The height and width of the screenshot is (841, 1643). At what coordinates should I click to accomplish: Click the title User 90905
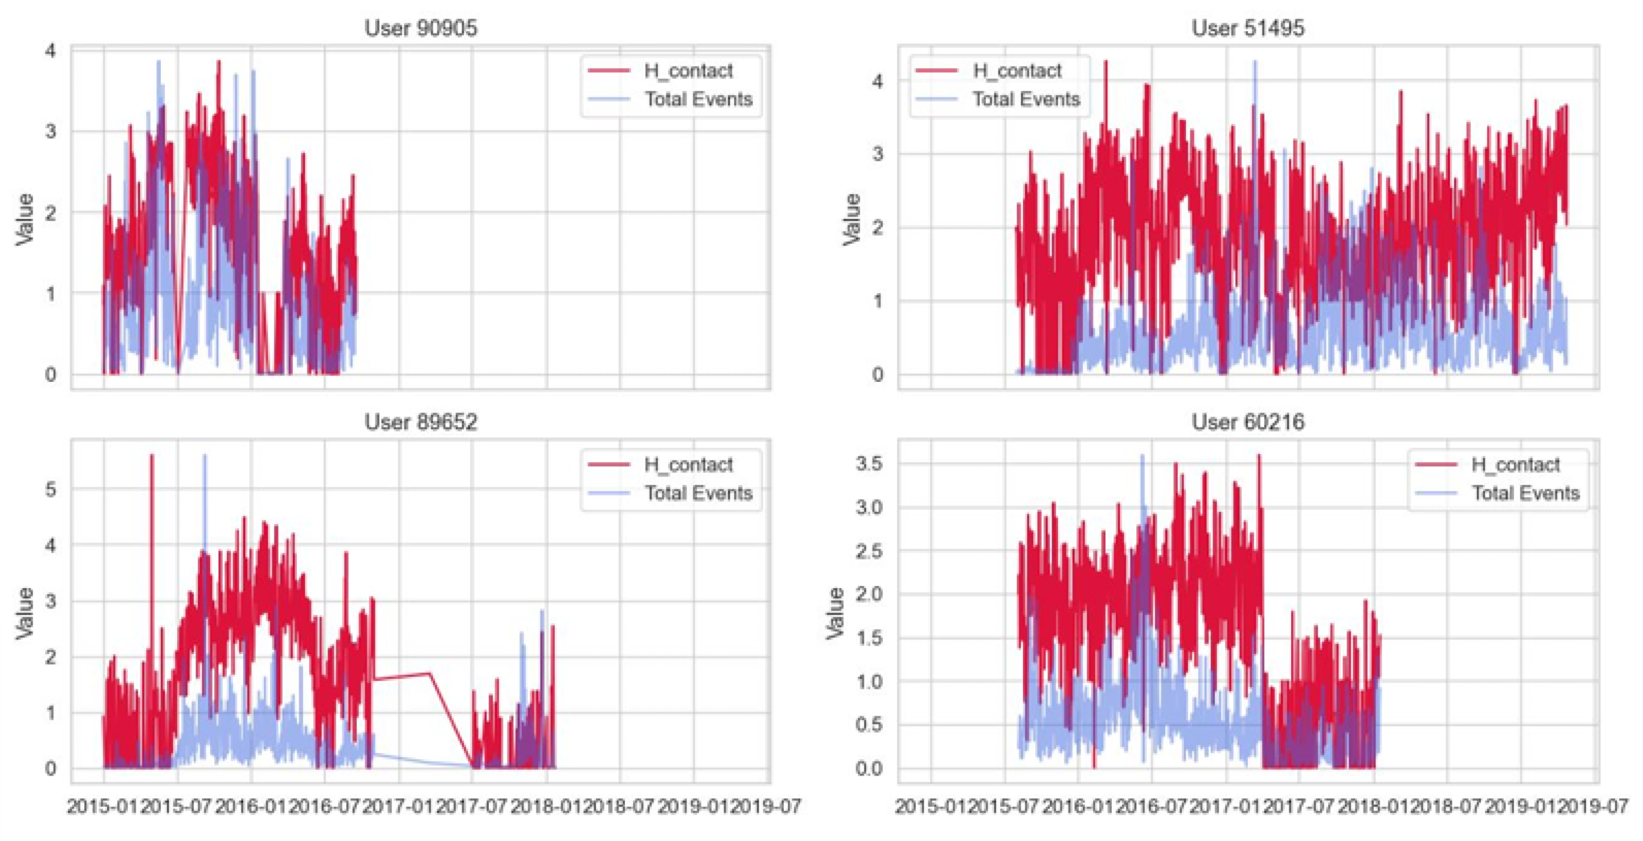pyautogui.click(x=420, y=28)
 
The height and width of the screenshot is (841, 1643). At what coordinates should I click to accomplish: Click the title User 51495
pyautogui.click(x=1248, y=28)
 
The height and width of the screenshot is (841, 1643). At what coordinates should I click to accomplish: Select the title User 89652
pyautogui.click(x=420, y=422)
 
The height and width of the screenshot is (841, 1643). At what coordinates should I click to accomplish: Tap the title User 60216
pyautogui.click(x=1248, y=422)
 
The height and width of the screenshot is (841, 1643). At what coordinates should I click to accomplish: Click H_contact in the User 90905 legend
pyautogui.click(x=688, y=71)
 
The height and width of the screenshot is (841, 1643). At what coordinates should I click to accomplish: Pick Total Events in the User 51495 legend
pyautogui.click(x=1026, y=99)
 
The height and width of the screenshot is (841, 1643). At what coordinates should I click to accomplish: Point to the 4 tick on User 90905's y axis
pyautogui.click(x=50, y=51)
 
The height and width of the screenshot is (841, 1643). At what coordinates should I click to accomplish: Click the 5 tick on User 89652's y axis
pyautogui.click(x=50, y=490)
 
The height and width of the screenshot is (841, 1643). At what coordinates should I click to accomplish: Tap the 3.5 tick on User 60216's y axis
pyautogui.click(x=869, y=464)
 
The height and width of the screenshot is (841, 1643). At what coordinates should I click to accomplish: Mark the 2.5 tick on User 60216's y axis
pyautogui.click(x=869, y=551)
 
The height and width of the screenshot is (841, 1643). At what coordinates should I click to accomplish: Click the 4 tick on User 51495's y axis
pyautogui.click(x=878, y=81)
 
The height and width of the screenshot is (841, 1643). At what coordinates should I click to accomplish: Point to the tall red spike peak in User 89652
pyautogui.click(x=152, y=455)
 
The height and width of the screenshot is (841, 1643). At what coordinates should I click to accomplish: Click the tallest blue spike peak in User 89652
pyautogui.click(x=205, y=455)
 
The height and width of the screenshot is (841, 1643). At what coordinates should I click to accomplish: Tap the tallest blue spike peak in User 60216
pyautogui.click(x=1142, y=455)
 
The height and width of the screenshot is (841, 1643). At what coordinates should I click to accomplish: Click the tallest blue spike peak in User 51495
pyautogui.click(x=1255, y=62)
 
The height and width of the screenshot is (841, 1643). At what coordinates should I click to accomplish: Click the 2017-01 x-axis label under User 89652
pyautogui.click(x=398, y=807)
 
